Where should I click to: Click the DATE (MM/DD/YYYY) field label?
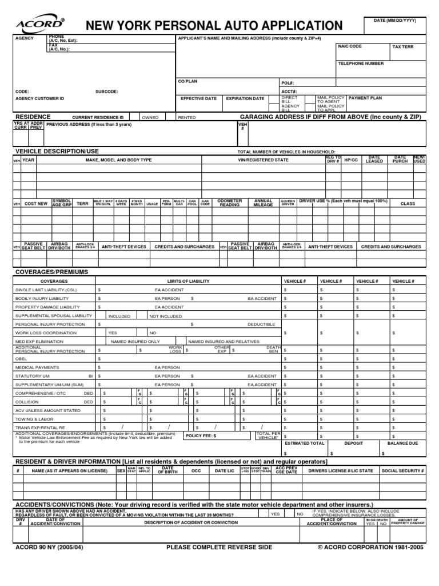coord(395,21)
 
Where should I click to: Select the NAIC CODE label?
coord(350,46)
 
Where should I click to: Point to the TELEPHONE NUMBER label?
coord(361,64)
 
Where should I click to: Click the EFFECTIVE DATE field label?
coord(198,98)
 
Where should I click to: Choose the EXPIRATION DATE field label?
coord(245,98)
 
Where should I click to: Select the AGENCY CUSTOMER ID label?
coord(39,98)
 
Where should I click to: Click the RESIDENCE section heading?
coord(33,116)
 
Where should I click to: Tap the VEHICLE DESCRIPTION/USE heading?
coord(57,151)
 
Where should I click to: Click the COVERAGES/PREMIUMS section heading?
coord(51,272)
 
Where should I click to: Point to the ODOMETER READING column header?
coord(230,203)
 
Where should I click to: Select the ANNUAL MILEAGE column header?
coord(263,203)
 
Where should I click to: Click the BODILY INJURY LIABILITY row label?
coord(47,299)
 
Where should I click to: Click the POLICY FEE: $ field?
coord(199,435)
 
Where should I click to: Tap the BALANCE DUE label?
coord(402,443)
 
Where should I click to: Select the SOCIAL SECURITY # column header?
coord(402,470)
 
